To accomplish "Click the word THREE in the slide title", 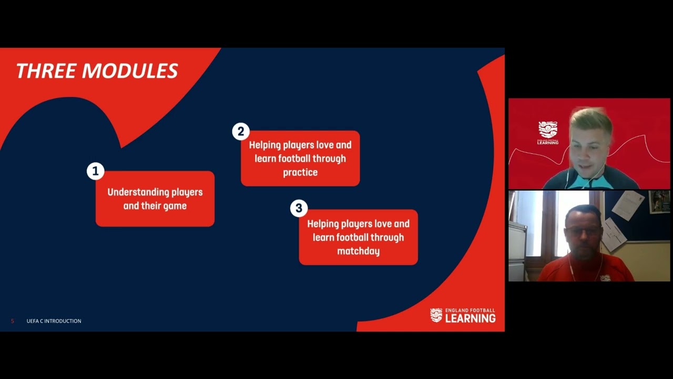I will tap(46, 71).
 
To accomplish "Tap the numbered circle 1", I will tap(95, 172).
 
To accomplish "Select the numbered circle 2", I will tap(241, 132).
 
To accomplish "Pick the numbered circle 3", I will tap(299, 208).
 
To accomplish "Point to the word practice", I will tap(300, 172).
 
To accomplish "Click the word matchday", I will tap(358, 251).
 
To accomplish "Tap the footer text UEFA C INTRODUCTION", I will tap(54, 321).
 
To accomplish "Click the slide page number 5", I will tap(13, 321).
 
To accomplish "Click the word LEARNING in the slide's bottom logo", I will tap(470, 318).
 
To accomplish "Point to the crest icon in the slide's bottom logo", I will tap(436, 315).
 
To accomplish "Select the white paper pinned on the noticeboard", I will tap(628, 205).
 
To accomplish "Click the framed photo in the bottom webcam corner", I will tap(659, 201).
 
